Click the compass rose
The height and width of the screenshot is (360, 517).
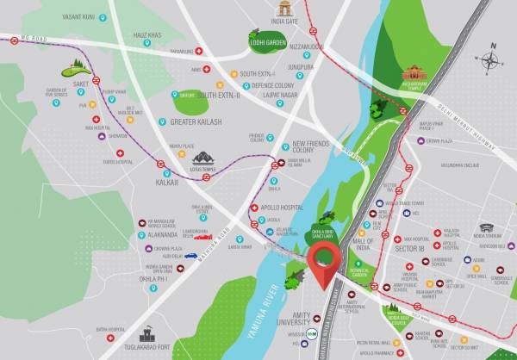[x=490, y=61]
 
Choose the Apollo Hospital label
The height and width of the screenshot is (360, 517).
[x=286, y=208]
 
